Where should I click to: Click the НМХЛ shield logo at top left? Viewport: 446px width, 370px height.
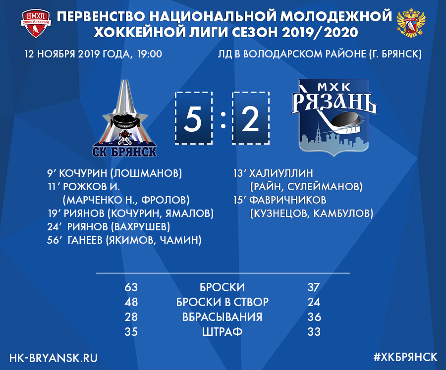pos(36,24)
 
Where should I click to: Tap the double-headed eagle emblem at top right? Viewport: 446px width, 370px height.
pos(411,23)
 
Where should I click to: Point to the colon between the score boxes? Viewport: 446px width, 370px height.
pos(223,119)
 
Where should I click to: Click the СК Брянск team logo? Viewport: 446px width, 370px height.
pos(124,118)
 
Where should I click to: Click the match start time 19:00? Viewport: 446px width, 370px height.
pos(150,54)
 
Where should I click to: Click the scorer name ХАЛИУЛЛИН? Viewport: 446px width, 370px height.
pos(281,173)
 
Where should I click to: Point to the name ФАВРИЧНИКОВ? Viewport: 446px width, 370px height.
pos(287,200)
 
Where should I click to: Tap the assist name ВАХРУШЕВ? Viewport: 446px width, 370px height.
pos(140,227)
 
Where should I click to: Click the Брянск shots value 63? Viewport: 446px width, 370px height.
pos(131,287)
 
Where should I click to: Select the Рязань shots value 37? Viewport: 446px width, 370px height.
pos(314,287)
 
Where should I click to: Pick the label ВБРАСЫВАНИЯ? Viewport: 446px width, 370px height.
pos(222,317)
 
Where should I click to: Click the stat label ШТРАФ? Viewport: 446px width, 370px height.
pos(222,331)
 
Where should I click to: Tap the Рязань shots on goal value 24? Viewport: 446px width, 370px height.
pos(314,302)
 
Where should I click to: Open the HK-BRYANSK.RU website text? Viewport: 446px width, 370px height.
pos(53,358)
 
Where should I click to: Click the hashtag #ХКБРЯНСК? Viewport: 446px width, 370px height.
pos(405,357)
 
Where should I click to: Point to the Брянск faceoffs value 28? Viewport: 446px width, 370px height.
pos(131,317)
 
